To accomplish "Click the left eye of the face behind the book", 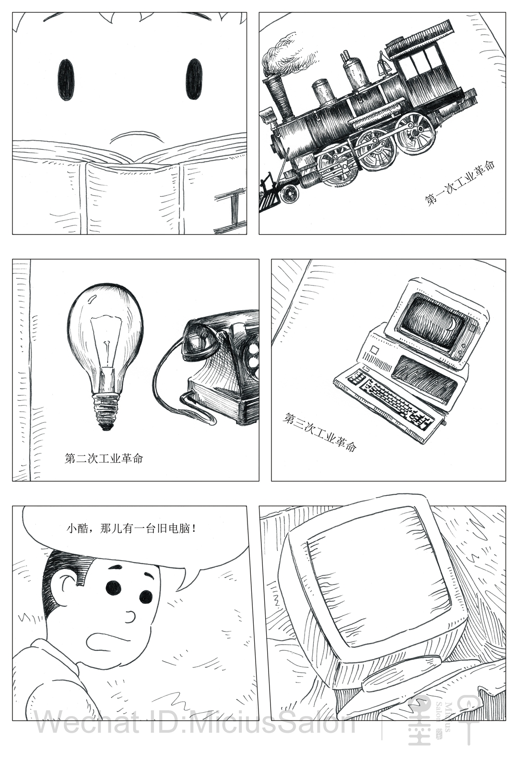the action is [65, 80].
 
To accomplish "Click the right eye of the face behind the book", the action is [193, 79].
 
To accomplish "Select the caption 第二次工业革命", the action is [104, 458].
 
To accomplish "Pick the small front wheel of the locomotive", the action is [288, 194].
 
